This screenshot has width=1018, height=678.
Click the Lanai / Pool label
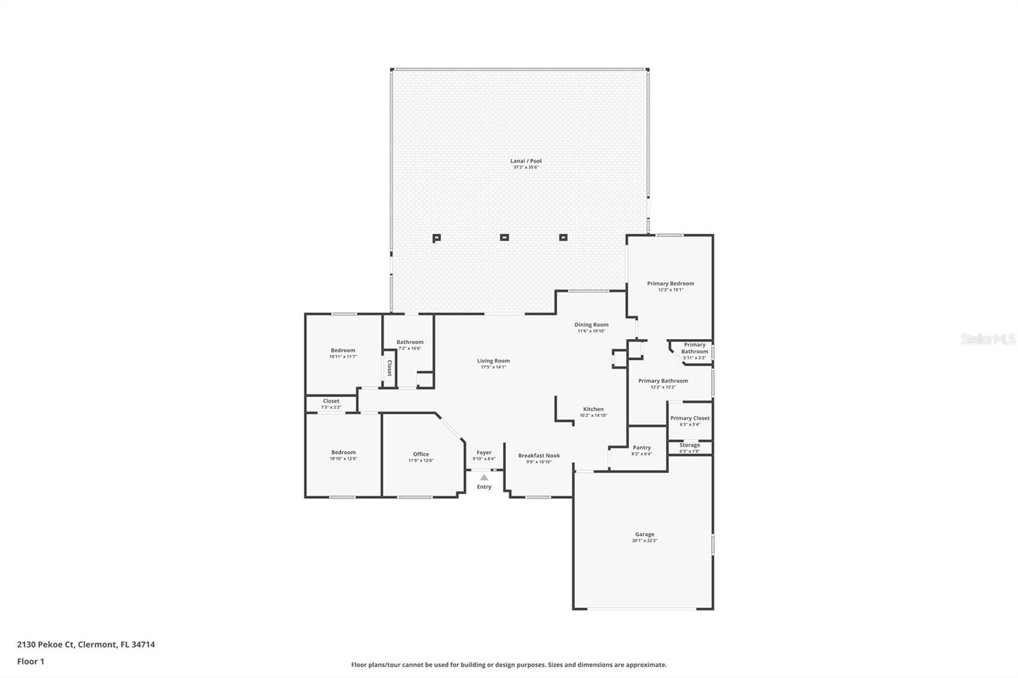526,161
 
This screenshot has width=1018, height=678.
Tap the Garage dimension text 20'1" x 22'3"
645,541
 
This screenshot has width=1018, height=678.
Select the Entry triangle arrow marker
484,477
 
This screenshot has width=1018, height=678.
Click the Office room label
421,454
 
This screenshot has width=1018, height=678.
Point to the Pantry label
641,448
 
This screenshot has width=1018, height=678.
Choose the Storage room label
690,445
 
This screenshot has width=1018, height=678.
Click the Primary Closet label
690,419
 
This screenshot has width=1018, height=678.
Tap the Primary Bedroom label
671,284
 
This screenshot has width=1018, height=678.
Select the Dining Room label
591,325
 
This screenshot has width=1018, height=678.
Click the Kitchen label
593,410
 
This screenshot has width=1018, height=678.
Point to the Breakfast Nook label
539,455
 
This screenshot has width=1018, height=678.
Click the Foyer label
484,453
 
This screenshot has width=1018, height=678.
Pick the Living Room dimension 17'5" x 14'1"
493,367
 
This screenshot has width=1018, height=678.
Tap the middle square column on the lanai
504,237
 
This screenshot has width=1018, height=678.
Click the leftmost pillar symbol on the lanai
436,238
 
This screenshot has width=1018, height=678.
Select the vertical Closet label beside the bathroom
389,368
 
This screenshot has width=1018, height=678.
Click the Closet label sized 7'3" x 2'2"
331,401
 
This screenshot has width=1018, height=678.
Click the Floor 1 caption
31,661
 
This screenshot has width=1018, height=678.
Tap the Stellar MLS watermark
988,340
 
